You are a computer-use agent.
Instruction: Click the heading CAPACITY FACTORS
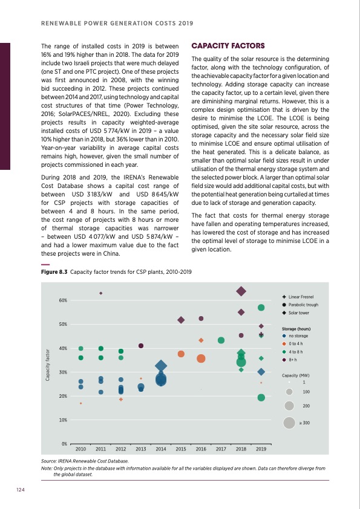point(227,46)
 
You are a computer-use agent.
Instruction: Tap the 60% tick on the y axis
point(63,300)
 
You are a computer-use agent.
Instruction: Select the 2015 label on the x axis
point(181,450)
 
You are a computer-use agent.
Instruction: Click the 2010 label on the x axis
point(81,450)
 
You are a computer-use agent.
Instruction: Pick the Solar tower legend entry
point(299,313)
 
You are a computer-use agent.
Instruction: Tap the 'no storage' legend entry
point(299,336)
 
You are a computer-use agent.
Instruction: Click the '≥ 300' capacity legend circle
point(289,423)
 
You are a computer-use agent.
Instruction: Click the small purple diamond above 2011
point(101,293)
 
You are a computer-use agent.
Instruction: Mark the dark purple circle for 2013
point(141,346)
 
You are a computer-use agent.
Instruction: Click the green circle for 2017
point(221,340)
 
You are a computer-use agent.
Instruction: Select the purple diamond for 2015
point(181,320)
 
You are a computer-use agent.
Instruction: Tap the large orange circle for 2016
point(201,358)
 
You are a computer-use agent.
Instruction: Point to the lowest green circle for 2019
point(261,397)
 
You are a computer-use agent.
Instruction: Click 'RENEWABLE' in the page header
point(62,24)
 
